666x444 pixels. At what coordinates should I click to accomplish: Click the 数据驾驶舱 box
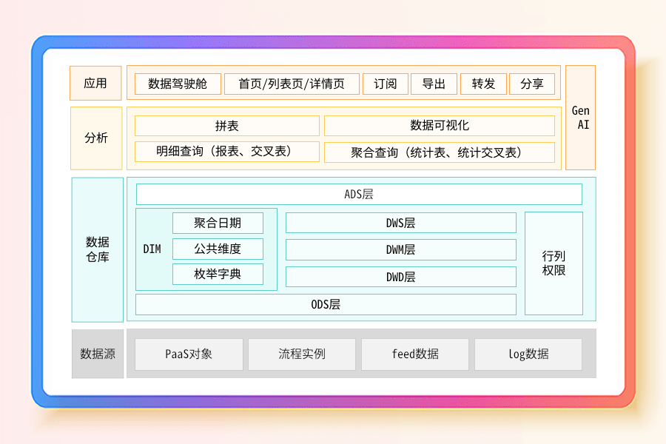click(x=178, y=84)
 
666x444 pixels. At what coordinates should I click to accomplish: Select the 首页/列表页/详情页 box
click(x=292, y=84)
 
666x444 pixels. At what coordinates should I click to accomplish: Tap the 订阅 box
click(x=386, y=84)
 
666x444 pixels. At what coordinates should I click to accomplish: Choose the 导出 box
click(x=434, y=84)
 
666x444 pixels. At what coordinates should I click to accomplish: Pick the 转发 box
click(x=482, y=84)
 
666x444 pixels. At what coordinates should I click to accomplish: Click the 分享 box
click(x=531, y=84)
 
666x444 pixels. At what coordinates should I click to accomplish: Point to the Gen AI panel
click(x=580, y=118)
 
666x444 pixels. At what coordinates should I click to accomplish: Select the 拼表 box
click(x=226, y=126)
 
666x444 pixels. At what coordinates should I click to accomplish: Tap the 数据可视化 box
click(x=440, y=126)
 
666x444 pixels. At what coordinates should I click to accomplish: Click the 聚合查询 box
click(x=440, y=152)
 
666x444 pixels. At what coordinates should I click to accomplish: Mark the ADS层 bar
click(x=359, y=195)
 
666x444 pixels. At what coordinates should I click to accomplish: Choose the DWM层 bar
click(x=400, y=250)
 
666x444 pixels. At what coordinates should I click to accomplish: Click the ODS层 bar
click(x=326, y=304)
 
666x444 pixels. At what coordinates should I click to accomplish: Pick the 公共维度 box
click(x=218, y=249)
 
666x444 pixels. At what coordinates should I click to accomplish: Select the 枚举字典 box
click(x=218, y=274)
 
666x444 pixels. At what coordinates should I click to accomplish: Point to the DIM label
click(x=152, y=249)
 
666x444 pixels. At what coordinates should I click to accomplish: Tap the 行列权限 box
click(x=554, y=263)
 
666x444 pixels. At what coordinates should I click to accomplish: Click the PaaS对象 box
click(x=189, y=354)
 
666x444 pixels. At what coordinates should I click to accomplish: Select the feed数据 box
click(x=415, y=354)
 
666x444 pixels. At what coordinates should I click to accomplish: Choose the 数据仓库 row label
click(x=98, y=249)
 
